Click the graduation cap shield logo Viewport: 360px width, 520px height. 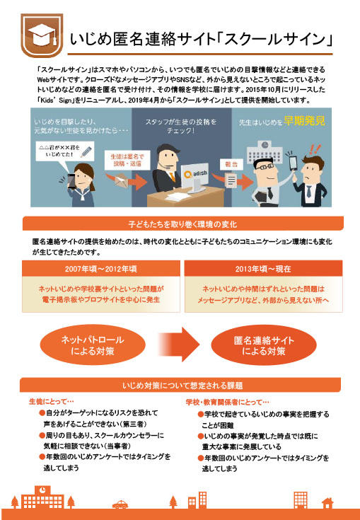(x=42, y=35)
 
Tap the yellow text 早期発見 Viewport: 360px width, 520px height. (x=304, y=122)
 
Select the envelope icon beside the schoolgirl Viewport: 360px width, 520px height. (x=121, y=180)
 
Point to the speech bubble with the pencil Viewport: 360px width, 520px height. (x=64, y=151)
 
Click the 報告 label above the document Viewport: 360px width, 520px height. (x=231, y=164)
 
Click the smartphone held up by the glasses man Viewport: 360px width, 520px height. (x=294, y=162)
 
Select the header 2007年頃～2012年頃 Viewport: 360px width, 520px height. (x=101, y=269)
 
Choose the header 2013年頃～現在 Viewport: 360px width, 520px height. (x=263, y=269)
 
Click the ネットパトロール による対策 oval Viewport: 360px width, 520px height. (x=93, y=345)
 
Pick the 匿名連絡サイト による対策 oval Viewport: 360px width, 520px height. (x=264, y=345)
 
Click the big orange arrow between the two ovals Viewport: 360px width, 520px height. (x=179, y=345)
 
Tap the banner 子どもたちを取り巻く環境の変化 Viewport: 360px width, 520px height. (x=182, y=224)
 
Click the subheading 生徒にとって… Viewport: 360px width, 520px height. (x=52, y=402)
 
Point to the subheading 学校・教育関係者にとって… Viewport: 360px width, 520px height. (x=228, y=403)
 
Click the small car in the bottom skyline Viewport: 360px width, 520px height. (x=120, y=504)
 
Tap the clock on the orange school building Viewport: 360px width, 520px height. (x=42, y=490)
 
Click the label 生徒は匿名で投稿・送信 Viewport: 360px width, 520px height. (x=127, y=160)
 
